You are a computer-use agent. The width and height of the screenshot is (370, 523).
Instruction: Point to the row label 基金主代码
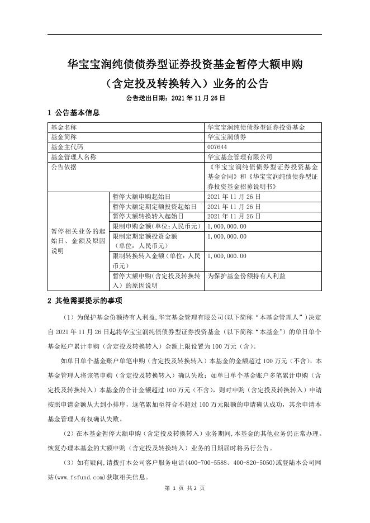[x=67, y=147]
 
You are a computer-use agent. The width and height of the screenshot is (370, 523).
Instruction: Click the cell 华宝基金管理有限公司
[x=239, y=157]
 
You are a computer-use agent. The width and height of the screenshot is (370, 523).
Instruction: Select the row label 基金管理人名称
[x=73, y=157]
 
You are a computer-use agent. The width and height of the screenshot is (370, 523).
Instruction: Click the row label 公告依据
[x=64, y=167]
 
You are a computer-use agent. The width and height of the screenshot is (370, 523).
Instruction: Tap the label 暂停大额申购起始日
[x=141, y=197]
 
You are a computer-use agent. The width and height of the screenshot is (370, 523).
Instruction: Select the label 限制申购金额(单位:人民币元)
[x=156, y=226]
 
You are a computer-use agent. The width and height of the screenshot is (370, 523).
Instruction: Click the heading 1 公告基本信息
[x=74, y=113]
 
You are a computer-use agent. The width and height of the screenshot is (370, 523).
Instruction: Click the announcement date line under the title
[x=175, y=97]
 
